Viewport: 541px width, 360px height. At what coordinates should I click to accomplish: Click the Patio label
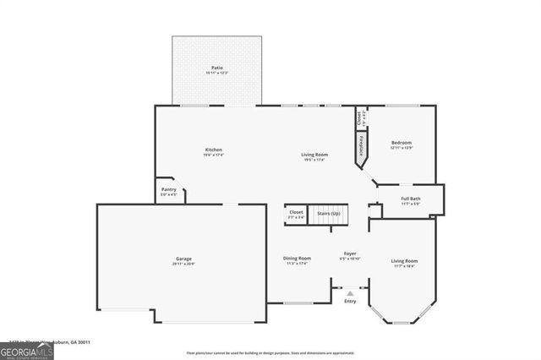[217, 68]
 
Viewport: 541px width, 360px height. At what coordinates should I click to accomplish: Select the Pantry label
[169, 189]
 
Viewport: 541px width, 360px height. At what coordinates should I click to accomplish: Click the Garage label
[183, 259]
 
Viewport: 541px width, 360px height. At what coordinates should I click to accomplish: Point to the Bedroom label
[401, 143]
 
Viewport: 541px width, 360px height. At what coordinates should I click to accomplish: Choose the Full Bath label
[410, 199]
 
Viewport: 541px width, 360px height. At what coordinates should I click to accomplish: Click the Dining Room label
[297, 258]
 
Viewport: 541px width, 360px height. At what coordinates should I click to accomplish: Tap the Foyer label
[349, 254]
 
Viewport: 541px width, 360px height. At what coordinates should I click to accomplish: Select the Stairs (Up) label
[329, 214]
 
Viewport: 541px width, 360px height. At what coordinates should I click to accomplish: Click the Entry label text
[350, 301]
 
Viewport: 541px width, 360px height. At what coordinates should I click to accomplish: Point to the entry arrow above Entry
[350, 293]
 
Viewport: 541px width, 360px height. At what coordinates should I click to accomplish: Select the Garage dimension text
[183, 264]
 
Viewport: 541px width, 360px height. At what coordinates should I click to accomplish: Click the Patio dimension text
[217, 73]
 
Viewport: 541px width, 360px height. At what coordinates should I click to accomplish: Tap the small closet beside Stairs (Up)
[296, 214]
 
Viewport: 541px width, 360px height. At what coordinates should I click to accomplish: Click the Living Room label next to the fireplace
[315, 154]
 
